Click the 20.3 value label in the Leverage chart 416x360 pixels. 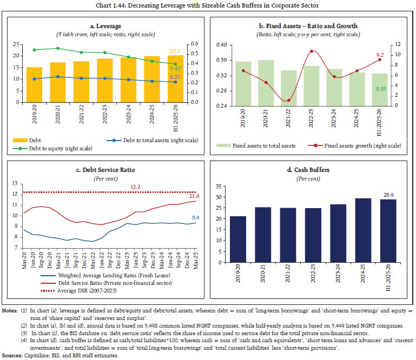click(174, 50)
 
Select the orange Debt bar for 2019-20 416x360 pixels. click(34, 84)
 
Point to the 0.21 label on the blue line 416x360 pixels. click(175, 77)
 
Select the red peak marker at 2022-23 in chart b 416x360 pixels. click(312, 51)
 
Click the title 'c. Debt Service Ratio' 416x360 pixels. click(105, 170)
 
